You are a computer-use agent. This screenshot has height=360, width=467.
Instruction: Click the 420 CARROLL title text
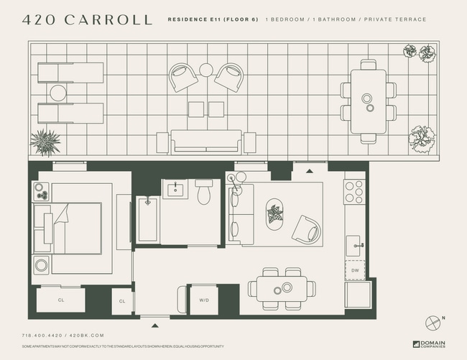(88, 20)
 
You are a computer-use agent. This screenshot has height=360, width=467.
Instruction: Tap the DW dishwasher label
(355, 270)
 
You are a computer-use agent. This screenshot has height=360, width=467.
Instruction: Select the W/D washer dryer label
(203, 300)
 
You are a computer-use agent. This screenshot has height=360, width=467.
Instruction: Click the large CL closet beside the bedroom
(60, 300)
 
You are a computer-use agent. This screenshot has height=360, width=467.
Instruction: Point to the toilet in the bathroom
(204, 192)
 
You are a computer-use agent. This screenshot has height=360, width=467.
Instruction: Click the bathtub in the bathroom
(147, 219)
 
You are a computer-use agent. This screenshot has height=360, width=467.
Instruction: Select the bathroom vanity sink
(174, 189)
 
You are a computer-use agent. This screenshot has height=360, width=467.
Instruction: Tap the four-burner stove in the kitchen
(353, 192)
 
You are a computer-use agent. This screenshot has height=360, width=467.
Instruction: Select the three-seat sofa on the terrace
(206, 140)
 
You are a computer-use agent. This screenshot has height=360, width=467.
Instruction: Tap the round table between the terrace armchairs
(206, 70)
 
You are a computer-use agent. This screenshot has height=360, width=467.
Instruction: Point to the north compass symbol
(433, 321)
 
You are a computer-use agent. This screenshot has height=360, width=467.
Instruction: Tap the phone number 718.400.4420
(43, 336)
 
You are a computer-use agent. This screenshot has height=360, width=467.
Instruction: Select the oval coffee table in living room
(274, 213)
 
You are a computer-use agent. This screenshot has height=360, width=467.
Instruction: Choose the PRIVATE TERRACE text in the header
(394, 19)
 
